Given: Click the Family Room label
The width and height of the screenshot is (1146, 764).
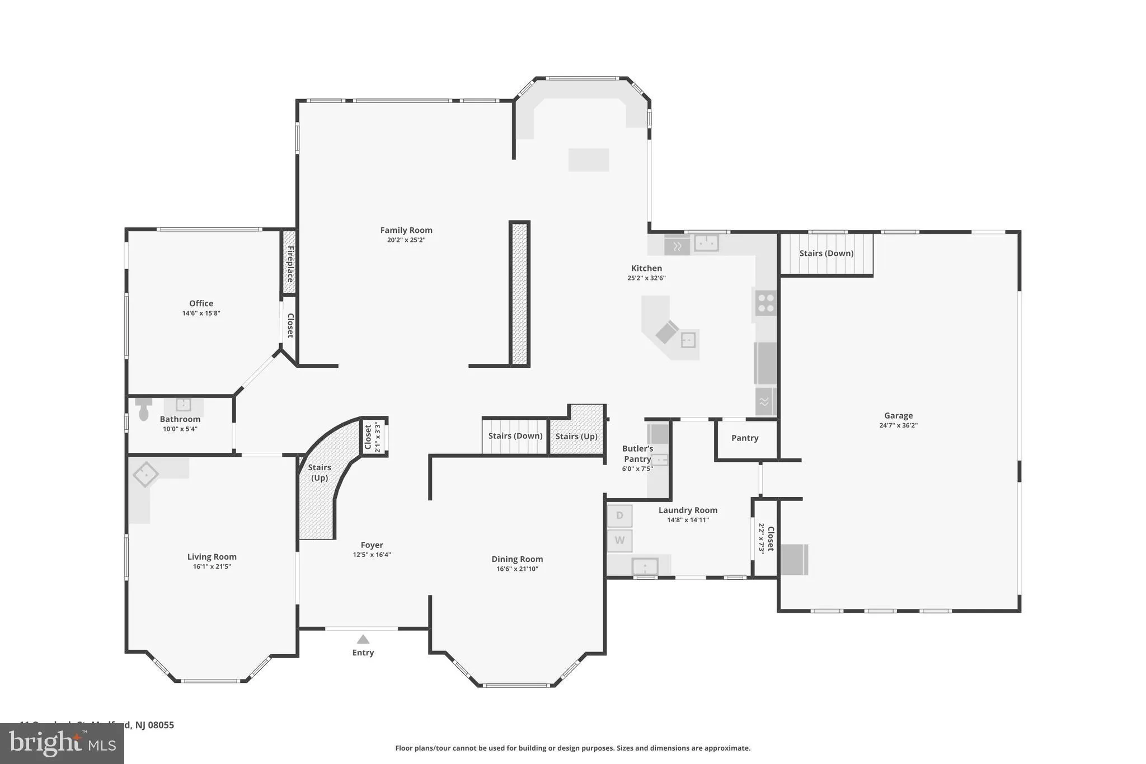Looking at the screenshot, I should [406, 230].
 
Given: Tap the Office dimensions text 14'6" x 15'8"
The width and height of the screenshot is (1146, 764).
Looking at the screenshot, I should [201, 313].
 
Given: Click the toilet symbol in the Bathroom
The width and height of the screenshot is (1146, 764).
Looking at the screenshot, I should [143, 409].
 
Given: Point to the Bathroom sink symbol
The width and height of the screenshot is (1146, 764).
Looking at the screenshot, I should [184, 404].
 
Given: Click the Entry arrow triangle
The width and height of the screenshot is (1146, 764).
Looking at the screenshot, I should [363, 639].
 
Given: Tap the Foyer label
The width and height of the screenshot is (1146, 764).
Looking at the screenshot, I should [372, 545].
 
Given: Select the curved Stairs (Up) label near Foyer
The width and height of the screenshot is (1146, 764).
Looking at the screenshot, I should [320, 472].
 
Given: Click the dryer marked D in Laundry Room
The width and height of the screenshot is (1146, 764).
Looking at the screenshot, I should [619, 515].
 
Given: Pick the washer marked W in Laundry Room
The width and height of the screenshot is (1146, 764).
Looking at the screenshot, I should [619, 541].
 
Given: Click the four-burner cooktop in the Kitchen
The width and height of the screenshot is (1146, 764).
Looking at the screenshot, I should [765, 303].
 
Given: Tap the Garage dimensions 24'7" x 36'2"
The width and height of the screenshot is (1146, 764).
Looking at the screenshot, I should [898, 425].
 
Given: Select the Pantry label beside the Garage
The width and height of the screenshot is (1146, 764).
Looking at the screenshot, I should [745, 438].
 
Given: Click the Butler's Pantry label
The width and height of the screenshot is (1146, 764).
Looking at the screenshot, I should [637, 454].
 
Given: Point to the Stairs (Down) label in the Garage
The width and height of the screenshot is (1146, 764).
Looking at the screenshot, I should [826, 254].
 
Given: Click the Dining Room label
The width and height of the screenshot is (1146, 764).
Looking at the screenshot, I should [517, 559].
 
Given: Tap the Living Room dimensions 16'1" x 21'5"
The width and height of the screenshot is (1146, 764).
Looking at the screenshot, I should [212, 566].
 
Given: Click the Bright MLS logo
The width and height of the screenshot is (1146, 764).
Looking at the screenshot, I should [62, 743].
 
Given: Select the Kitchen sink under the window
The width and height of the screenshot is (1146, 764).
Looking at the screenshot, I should [706, 243].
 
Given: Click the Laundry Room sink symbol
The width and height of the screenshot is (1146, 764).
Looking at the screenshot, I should [645, 567].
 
